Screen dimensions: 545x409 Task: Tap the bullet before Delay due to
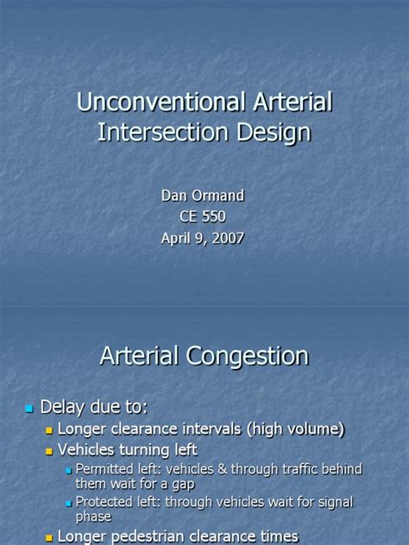click(29, 407)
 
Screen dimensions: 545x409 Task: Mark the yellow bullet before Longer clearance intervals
click(49, 429)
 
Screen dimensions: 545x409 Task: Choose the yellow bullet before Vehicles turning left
click(49, 450)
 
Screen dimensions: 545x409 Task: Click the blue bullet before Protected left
click(68, 503)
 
